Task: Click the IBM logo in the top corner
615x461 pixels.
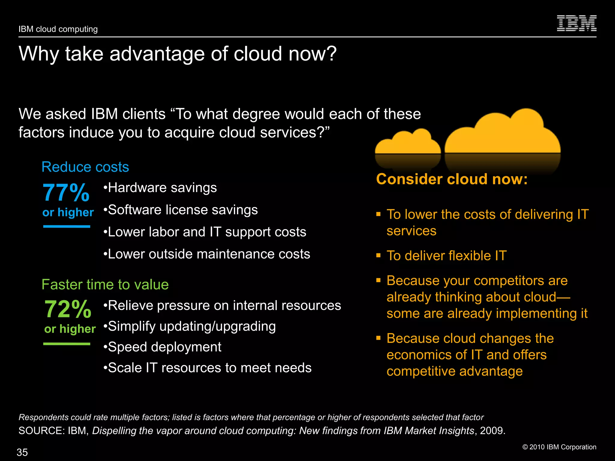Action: (576, 23)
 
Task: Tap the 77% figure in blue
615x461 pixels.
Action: (66, 193)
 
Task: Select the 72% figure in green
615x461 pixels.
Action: (68, 309)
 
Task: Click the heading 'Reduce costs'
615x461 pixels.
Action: (85, 167)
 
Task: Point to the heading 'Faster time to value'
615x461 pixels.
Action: (105, 285)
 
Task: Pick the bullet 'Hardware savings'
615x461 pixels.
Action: (160, 188)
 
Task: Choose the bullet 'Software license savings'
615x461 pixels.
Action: (180, 210)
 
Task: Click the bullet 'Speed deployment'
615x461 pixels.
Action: (162, 347)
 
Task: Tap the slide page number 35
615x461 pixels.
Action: (22, 452)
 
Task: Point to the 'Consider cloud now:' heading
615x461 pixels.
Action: (452, 179)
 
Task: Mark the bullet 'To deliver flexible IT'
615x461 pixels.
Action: (446, 256)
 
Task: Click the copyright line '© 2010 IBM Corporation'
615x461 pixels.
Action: (559, 447)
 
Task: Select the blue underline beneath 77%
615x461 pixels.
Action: (67, 227)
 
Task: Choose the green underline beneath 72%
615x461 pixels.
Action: (67, 344)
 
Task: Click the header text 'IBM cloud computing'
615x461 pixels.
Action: (58, 29)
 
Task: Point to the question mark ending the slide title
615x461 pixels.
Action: (331, 54)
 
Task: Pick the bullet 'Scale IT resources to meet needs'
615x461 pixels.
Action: (208, 368)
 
